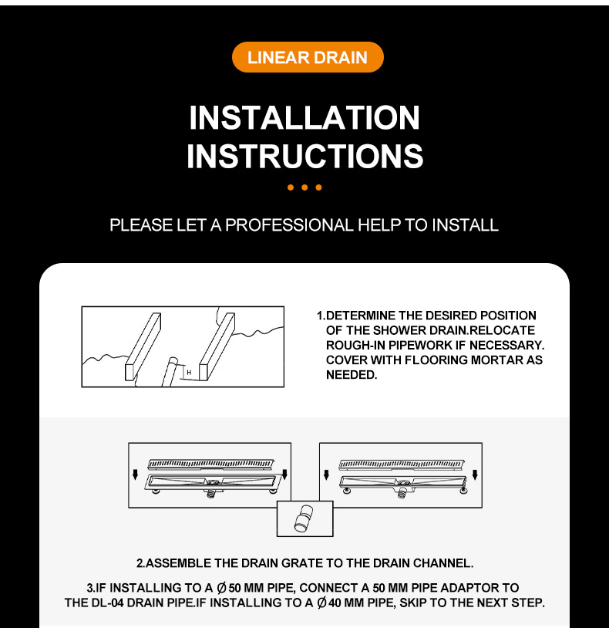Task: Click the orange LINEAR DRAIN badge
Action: pyautogui.click(x=308, y=57)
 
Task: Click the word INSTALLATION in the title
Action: pyautogui.click(x=304, y=118)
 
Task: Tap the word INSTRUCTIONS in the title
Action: pyautogui.click(x=305, y=156)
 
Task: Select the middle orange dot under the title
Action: pyautogui.click(x=304, y=187)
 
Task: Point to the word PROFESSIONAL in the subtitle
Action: pyautogui.click(x=289, y=225)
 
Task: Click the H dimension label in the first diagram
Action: pyautogui.click(x=189, y=373)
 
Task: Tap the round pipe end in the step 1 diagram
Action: pyautogui.click(x=173, y=361)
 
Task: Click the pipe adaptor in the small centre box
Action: pyautogui.click(x=304, y=518)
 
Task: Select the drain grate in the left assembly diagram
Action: pyautogui.click(x=211, y=464)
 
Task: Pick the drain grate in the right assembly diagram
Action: pyautogui.click(x=402, y=464)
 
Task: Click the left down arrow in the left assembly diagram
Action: pyautogui.click(x=135, y=474)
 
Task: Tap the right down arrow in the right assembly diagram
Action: pyautogui.click(x=475, y=474)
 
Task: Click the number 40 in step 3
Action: pyautogui.click(x=335, y=603)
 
